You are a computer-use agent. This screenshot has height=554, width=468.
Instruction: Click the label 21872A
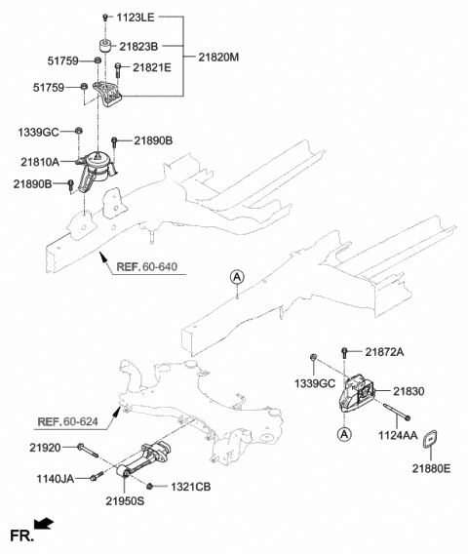388,351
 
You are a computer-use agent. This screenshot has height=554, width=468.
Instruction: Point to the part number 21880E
431,469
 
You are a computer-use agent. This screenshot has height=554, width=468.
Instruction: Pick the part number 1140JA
51,477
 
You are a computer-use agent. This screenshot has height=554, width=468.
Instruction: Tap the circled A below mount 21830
343,432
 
